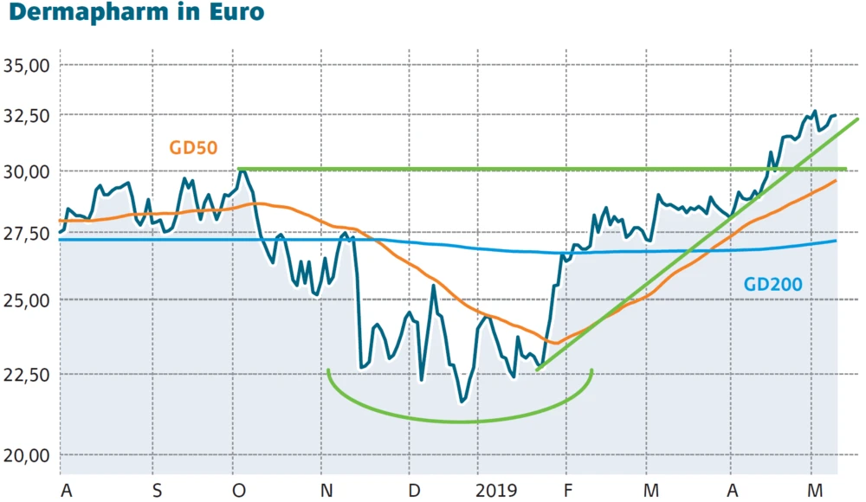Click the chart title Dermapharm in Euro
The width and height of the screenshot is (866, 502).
(x=135, y=15)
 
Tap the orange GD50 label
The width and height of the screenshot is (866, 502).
(x=193, y=147)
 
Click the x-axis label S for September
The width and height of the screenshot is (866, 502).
(x=155, y=491)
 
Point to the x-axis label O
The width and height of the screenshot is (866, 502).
(x=239, y=491)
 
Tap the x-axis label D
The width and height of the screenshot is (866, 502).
(x=415, y=491)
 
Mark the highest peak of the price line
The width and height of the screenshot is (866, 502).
(x=815, y=111)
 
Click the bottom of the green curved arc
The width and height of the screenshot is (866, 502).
(x=459, y=422)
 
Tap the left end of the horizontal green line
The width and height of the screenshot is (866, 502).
(x=240, y=169)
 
